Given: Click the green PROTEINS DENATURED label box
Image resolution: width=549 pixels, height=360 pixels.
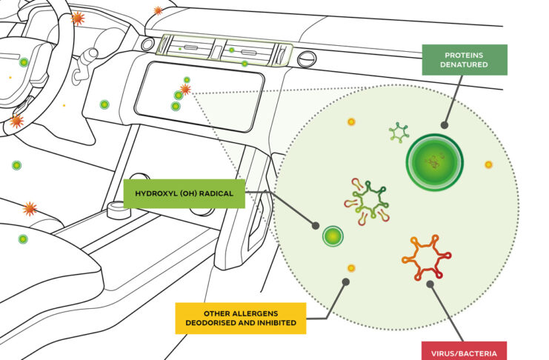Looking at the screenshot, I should click(465, 59).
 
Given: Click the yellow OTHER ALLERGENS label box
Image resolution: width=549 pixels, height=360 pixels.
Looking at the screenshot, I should click(240, 318).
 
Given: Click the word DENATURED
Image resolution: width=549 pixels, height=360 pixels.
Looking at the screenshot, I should click(465, 65).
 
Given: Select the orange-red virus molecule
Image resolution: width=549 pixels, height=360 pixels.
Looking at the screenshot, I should click(427, 258).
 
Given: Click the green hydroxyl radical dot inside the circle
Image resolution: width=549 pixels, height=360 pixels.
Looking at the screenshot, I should click(333, 236).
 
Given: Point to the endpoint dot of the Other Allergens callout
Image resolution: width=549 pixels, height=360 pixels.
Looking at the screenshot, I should click(343, 281).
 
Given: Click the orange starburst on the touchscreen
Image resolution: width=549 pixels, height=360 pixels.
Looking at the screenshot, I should click(185, 89).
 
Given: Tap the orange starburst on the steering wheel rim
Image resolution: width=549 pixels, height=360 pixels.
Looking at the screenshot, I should click(77, 18).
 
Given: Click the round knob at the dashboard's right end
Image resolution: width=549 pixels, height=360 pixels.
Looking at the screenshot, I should click(307, 58).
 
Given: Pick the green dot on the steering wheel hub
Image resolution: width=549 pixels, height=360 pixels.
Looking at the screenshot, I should click(24, 62).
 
